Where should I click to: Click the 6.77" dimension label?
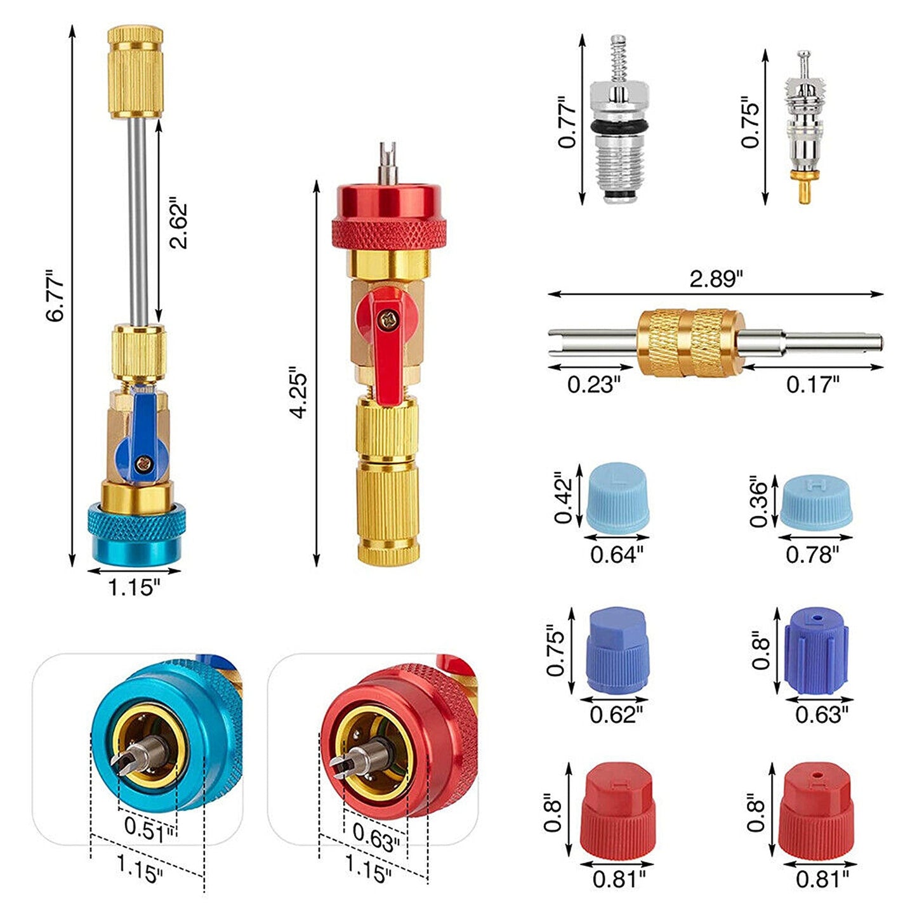pos(55,296)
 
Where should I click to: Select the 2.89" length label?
pos(716,279)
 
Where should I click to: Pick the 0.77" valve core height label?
pos(567,122)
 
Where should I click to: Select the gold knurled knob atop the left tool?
pos(135,72)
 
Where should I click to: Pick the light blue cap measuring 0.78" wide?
pos(815,501)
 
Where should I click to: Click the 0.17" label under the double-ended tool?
pos(812,384)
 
